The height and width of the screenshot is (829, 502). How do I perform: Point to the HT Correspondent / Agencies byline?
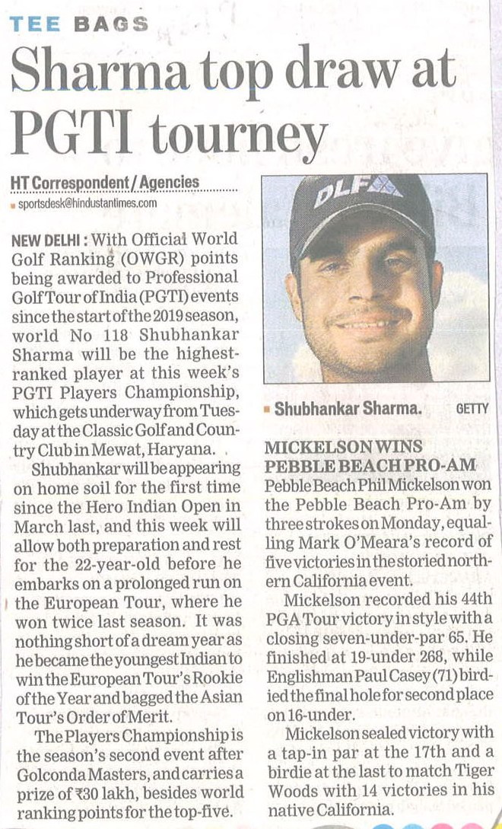[x=105, y=183]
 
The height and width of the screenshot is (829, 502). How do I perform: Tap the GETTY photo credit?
[x=472, y=409]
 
